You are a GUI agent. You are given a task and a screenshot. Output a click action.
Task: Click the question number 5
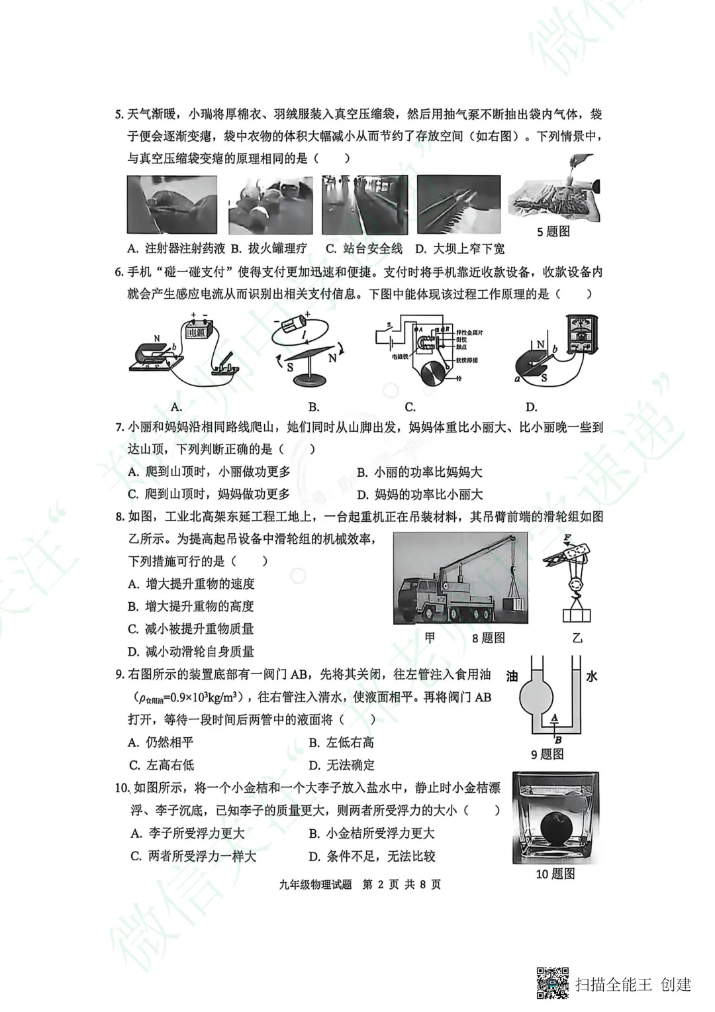[119, 115]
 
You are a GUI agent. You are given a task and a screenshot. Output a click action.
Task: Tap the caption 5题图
[553, 231]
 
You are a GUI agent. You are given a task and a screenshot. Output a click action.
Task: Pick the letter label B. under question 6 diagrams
[314, 407]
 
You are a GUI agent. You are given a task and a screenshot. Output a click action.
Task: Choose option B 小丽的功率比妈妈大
[420, 472]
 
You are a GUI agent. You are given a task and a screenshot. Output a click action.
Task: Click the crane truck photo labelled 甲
[460, 578]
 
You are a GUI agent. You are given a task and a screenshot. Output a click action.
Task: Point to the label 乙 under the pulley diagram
[577, 637]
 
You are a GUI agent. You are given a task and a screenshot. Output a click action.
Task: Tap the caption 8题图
[489, 637]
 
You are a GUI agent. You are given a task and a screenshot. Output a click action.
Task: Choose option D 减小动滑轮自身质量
[191, 651]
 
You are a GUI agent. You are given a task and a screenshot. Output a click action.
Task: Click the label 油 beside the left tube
[512, 676]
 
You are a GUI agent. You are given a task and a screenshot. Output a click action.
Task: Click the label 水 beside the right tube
[592, 676]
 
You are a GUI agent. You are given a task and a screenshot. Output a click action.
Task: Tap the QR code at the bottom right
[552, 984]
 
